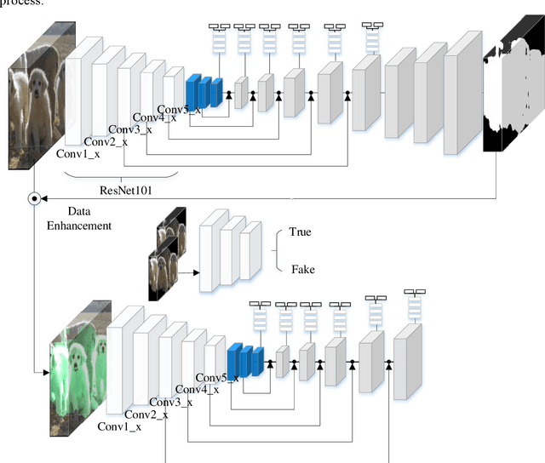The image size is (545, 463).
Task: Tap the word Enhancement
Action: click(78, 226)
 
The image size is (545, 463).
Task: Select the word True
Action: click(301, 232)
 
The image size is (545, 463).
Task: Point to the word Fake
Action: click(301, 269)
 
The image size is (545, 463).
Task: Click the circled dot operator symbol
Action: click(34, 199)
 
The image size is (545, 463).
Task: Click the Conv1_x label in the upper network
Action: click(79, 154)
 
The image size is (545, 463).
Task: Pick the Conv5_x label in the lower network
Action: click(216, 378)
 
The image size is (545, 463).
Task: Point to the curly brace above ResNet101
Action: click(120, 174)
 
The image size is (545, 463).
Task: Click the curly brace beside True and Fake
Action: click(278, 250)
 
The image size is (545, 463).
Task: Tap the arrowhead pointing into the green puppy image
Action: click(44, 373)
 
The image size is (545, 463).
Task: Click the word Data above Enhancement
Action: click(78, 211)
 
